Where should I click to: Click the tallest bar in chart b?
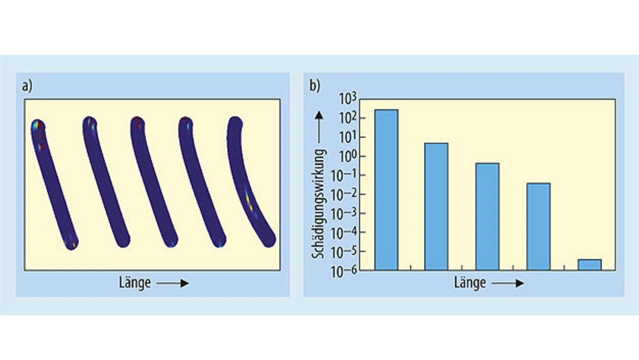click(386, 190)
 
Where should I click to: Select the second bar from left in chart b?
click(436, 206)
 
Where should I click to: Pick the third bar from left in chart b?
click(487, 216)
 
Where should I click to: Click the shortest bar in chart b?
click(590, 265)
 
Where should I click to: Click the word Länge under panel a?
click(135, 283)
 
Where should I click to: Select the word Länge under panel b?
click(470, 283)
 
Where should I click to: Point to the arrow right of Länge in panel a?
click(172, 284)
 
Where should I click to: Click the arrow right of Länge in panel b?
click(507, 284)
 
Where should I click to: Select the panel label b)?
click(315, 86)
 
